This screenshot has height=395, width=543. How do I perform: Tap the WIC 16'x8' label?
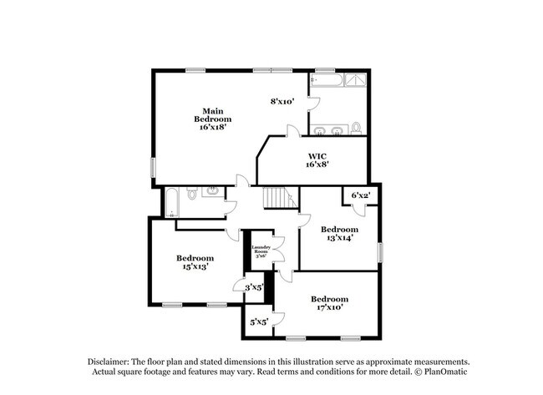(x=317, y=160)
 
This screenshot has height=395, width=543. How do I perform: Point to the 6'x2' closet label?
(x=360, y=195)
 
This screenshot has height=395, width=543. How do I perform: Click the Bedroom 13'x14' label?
(x=339, y=234)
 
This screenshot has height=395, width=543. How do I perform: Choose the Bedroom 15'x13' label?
(x=195, y=262)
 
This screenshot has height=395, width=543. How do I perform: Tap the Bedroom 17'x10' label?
(x=329, y=303)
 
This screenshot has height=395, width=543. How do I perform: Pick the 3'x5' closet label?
(x=254, y=287)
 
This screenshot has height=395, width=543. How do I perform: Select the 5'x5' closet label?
(x=258, y=321)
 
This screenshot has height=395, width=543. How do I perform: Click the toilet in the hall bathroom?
(x=191, y=195)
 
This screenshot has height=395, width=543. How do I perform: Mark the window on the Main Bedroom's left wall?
(x=152, y=166)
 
